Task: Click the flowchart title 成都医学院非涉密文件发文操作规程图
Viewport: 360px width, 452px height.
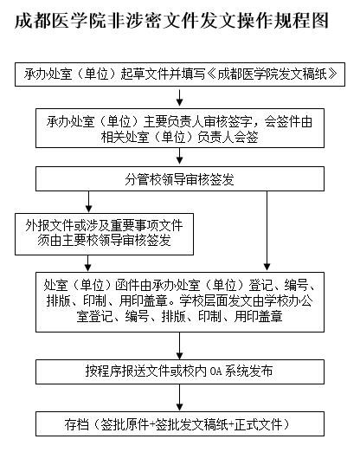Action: (x=171, y=21)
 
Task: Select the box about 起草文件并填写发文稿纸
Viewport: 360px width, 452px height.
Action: (x=180, y=74)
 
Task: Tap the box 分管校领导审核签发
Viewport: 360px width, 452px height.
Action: (x=180, y=179)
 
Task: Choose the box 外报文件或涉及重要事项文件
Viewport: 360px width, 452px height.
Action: (x=104, y=234)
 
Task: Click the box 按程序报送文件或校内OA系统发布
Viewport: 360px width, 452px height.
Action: (x=180, y=371)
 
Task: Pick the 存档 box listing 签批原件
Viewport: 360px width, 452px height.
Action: (x=180, y=423)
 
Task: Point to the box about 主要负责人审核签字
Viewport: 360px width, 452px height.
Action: (x=180, y=128)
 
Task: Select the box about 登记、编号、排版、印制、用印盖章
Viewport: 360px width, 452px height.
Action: (x=180, y=302)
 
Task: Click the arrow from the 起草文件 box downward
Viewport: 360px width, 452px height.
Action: (x=180, y=98)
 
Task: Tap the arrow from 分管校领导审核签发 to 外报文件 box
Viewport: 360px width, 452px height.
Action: (x=88, y=202)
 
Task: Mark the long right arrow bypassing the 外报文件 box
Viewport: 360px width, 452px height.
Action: (x=267, y=231)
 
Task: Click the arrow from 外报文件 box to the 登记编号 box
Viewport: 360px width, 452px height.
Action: (x=88, y=263)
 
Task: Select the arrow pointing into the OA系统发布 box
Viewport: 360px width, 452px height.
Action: (x=180, y=345)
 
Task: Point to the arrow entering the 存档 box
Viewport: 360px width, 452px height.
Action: (x=180, y=397)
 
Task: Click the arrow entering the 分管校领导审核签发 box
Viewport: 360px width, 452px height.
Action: (x=180, y=156)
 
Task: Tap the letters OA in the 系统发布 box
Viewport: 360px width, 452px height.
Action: (x=215, y=371)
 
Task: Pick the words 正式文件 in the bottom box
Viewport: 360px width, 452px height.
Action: (x=258, y=424)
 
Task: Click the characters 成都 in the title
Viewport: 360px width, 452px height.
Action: (x=33, y=21)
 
